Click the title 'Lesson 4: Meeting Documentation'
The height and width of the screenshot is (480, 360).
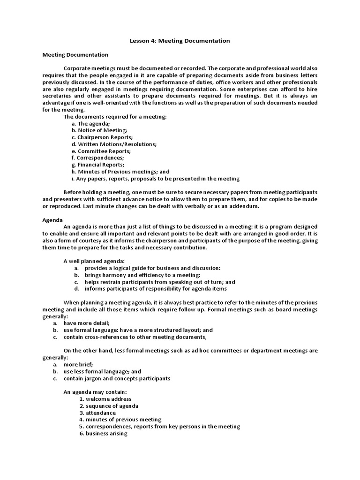click(180, 41)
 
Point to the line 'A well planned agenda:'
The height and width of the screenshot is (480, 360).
click(94, 261)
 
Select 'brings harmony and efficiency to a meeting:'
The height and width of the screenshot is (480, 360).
click(142, 275)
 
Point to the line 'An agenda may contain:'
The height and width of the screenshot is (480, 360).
click(95, 392)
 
